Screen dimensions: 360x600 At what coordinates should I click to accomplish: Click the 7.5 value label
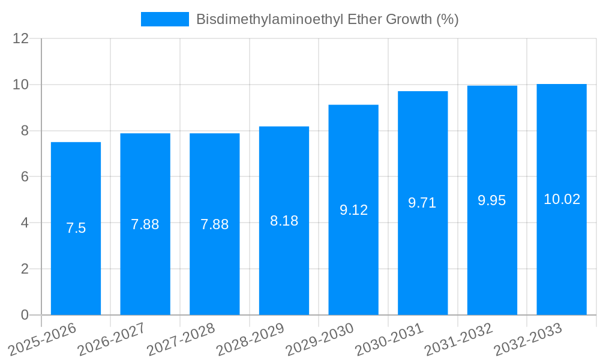76,228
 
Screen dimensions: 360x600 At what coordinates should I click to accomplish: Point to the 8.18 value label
284,221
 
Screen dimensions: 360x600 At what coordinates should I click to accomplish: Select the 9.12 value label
353,210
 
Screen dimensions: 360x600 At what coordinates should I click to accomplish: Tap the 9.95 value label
492,200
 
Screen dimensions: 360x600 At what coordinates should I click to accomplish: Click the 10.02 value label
562,199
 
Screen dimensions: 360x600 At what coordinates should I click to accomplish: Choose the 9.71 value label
422,203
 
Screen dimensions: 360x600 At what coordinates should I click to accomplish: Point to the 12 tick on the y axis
21,38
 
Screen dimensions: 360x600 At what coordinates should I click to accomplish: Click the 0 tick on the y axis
25,315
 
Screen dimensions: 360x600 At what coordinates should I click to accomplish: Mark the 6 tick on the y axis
25,177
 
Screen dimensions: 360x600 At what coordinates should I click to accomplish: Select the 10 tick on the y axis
21,85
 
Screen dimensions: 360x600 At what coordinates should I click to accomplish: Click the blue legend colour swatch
165,19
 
